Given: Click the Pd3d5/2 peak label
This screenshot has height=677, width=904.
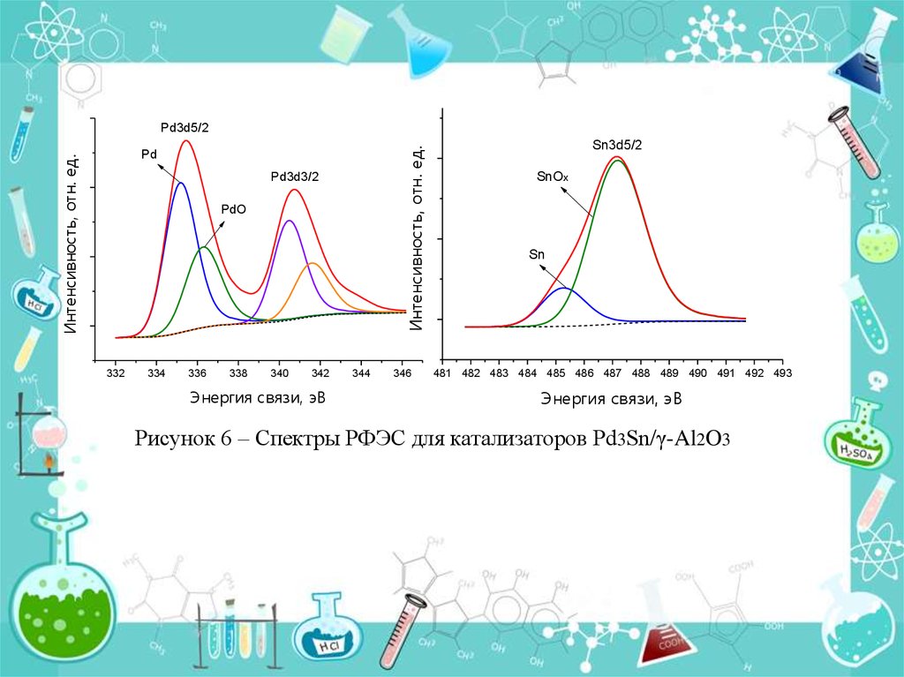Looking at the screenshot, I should pos(185,128).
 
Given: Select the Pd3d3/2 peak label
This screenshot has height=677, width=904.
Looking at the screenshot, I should pos(295,177).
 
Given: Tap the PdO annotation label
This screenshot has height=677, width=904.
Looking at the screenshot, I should pos(234,210).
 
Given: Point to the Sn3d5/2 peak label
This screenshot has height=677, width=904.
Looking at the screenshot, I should pos(616,144).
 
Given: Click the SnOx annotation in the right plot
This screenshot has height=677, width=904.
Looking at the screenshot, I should pos(553,177).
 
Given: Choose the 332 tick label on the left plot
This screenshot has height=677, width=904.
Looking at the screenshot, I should pos(116,374).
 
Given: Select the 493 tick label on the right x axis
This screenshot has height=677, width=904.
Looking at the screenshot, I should pos(782,374).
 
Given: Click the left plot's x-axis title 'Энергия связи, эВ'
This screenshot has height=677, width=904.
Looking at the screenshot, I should pos(257,398).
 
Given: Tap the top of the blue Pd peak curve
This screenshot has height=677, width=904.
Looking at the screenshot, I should pos(181,183).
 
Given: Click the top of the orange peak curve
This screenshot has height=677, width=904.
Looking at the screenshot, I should pos(313,264).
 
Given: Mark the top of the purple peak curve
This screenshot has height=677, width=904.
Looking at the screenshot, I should pos(289,221).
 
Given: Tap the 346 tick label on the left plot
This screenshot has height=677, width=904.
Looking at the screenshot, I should pos(402,374).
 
